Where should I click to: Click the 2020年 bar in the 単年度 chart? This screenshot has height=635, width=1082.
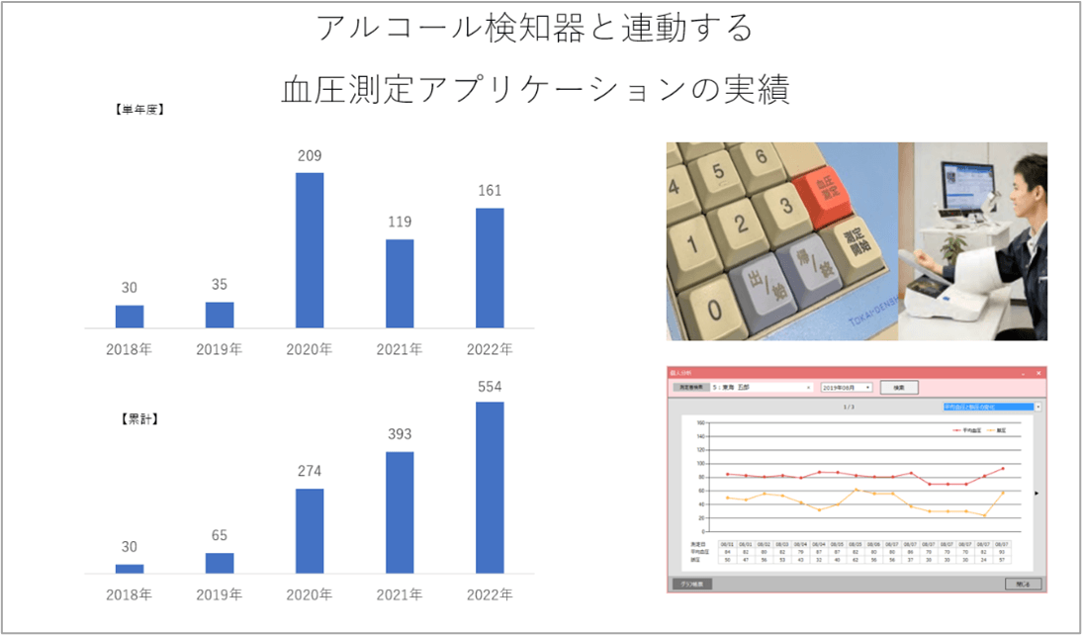point(310,250)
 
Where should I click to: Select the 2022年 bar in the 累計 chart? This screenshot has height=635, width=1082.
point(490,488)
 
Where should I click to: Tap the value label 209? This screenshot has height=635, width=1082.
point(310,156)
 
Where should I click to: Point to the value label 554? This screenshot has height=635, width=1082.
point(490,385)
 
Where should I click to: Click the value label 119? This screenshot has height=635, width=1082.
point(400,222)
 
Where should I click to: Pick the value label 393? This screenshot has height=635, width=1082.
point(400,434)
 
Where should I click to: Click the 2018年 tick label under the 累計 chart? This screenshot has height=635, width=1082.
point(130,594)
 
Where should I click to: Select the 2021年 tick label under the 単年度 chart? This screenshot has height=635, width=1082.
point(400,349)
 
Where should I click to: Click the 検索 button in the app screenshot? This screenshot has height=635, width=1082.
point(900,388)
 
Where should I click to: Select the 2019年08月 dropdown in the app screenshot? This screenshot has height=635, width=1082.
point(847,388)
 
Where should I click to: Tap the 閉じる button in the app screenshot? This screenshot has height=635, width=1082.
point(1022,584)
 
